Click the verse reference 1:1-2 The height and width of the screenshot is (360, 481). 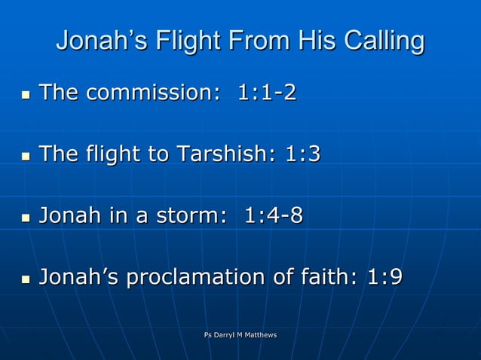(x=267, y=93)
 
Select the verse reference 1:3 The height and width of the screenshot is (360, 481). (x=302, y=154)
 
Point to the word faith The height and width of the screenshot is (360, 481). (x=331, y=278)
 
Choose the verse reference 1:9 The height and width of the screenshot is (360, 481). (x=384, y=278)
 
